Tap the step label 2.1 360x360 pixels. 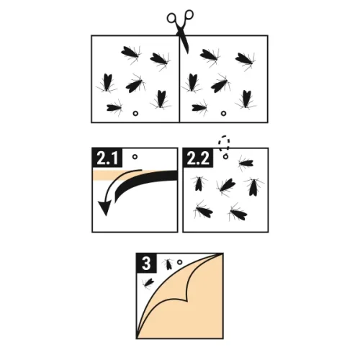click(107, 158)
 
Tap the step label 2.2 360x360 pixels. click(198, 158)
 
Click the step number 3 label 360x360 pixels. click(146, 263)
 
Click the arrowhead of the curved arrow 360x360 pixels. click(105, 208)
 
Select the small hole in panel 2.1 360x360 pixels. click(135, 157)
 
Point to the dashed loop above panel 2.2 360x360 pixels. click(224, 143)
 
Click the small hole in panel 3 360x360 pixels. click(179, 262)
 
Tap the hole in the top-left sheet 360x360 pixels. click(135, 113)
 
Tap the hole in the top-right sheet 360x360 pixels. click(223, 113)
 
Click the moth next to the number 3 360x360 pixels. click(168, 264)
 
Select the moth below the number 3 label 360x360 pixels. click(148, 283)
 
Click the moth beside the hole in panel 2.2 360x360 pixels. click(246, 163)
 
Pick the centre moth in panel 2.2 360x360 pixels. click(226, 186)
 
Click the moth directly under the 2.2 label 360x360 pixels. click(199, 184)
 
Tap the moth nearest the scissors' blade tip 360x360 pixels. click(210, 56)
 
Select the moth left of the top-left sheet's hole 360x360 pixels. click(114, 108)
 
